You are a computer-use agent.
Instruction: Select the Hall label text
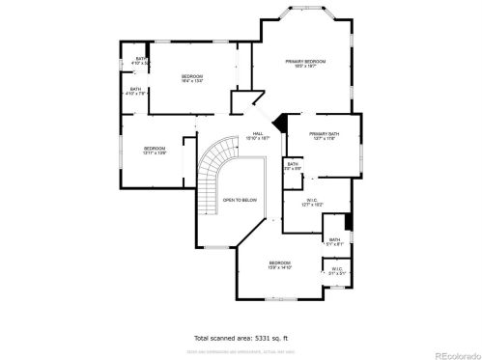click(258, 136)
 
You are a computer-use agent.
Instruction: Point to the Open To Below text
click(240, 200)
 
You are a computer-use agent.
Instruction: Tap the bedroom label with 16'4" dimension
click(192, 79)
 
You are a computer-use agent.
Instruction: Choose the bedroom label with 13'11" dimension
click(156, 150)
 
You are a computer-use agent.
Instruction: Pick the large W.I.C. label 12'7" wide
click(310, 203)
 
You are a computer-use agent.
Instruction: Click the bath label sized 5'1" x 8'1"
click(334, 241)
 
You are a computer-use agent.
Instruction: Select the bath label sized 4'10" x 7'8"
click(136, 92)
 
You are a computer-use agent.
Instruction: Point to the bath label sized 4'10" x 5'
click(141, 62)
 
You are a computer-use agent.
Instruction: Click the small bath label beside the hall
click(293, 166)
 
